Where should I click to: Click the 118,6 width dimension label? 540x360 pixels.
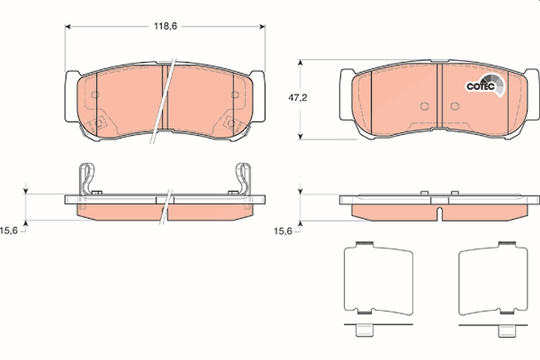(166, 26)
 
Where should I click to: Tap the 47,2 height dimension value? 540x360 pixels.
(298, 98)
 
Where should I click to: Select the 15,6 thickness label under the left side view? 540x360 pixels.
(9, 231)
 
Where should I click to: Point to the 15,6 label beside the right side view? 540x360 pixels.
(283, 231)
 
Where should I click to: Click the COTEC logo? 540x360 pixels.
(485, 85)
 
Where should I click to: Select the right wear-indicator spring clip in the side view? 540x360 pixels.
(243, 179)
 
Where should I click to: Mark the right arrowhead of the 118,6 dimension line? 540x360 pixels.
(262, 26)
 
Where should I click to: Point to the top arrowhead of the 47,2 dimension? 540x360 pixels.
(300, 63)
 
